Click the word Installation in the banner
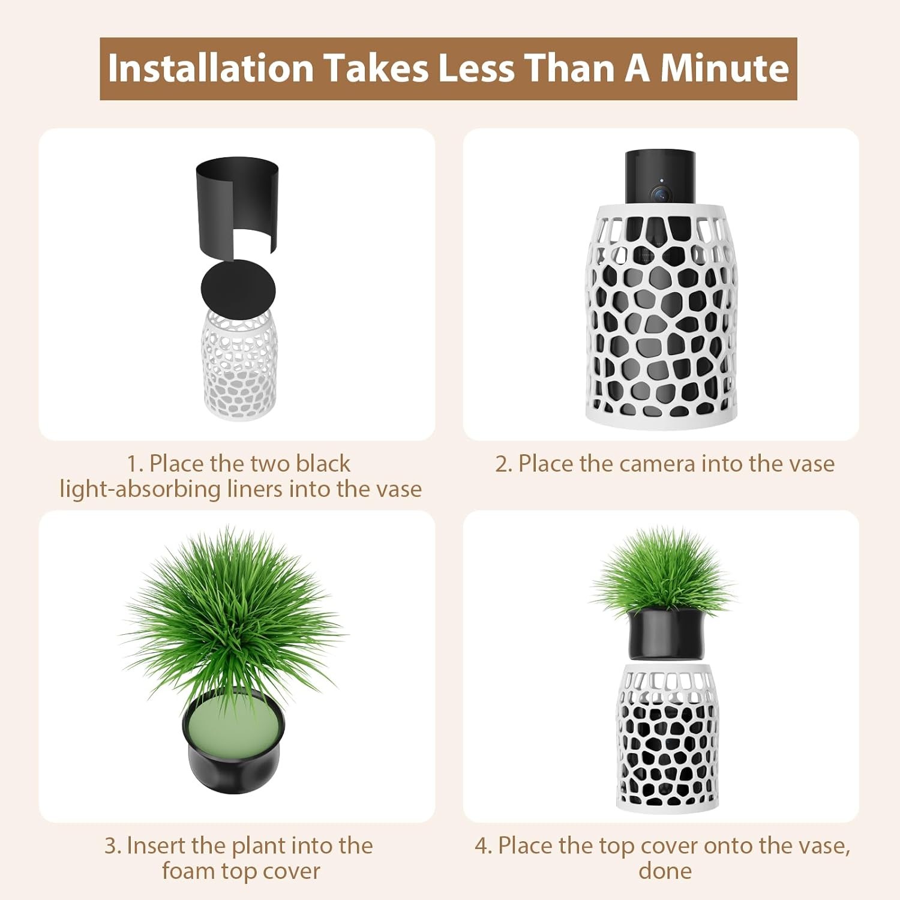[211, 68]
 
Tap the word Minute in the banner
[724, 68]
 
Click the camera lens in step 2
[660, 194]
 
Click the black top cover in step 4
[666, 634]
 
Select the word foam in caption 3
[188, 871]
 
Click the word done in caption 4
[665, 871]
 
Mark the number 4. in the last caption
[483, 846]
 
